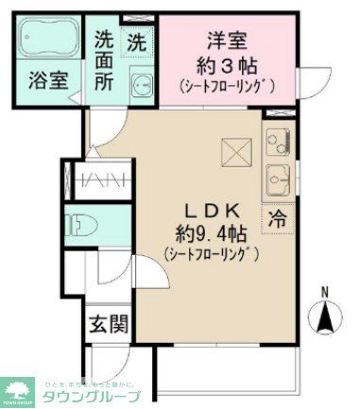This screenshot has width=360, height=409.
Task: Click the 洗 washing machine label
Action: coord(138,43)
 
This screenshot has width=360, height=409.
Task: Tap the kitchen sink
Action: coord(279,177)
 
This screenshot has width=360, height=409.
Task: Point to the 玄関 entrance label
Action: coord(110,326)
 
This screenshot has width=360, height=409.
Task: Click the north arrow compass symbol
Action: coord(326,315)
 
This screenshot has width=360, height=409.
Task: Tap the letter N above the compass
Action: coord(326,292)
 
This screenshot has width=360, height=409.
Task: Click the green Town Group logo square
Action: coord(18,389)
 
